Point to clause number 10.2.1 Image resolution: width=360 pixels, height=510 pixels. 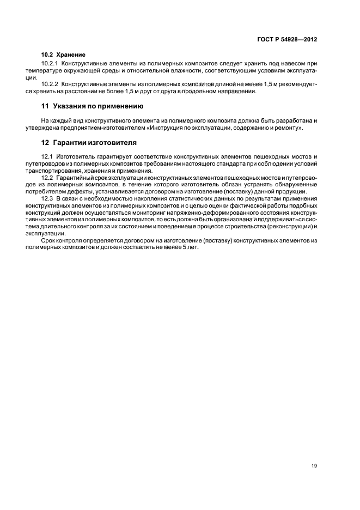pyautogui.click(x=50, y=64)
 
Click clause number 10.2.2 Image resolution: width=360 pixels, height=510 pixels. pyautogui.click(x=50, y=84)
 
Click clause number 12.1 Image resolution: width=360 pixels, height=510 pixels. pyautogui.click(x=46, y=156)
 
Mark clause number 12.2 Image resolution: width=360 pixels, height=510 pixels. pyautogui.click(x=46, y=177)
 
